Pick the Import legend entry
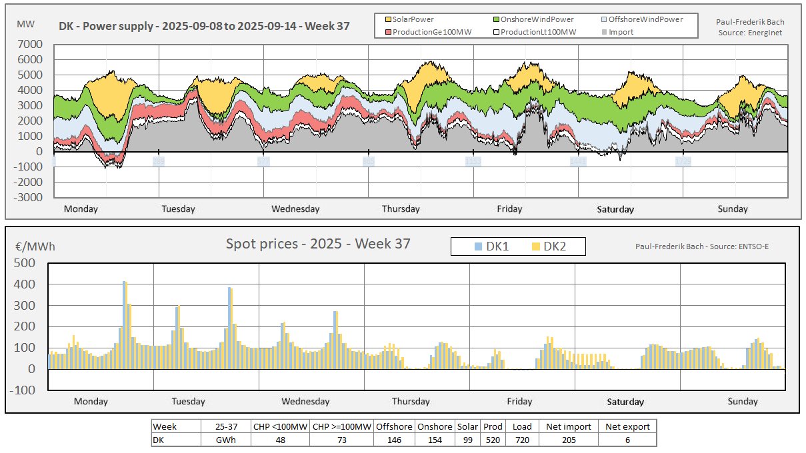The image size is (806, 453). [x=621, y=32]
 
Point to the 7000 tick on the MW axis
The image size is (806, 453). [x=31, y=45]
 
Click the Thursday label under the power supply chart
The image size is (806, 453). [x=401, y=209]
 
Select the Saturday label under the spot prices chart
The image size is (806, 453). [x=625, y=402]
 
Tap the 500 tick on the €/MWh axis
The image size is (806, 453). [x=25, y=262]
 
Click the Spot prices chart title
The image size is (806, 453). [x=318, y=244]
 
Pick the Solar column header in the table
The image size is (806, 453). [x=467, y=427]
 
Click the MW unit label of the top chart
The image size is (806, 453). [x=26, y=24]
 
